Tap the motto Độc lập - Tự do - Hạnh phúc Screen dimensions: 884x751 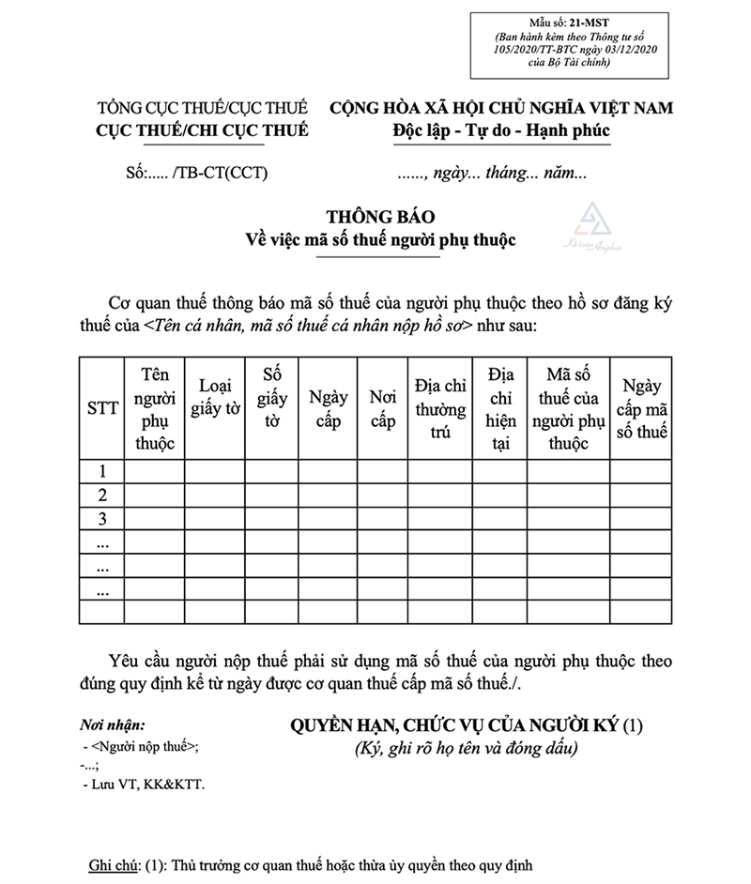click(x=500, y=130)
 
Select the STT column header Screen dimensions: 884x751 click(x=102, y=408)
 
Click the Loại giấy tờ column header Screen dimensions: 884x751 click(x=215, y=396)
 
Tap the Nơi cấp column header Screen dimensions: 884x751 click(x=383, y=408)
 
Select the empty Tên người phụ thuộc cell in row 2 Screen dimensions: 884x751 click(x=154, y=495)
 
